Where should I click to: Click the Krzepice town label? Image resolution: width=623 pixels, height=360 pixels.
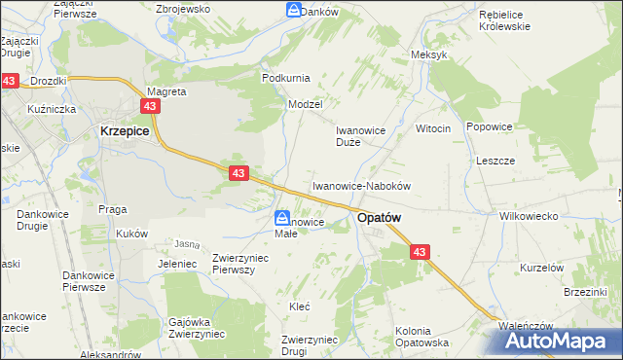point(123,129)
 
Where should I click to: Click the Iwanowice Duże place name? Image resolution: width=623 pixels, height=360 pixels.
point(361,135)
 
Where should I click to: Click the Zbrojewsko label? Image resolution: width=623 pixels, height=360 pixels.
point(184,9)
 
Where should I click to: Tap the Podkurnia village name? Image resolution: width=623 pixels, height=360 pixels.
point(284,77)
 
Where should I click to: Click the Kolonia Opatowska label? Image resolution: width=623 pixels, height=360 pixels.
point(421,337)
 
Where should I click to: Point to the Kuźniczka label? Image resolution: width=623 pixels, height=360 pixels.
point(53,109)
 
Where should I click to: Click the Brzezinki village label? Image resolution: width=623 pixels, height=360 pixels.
point(586,292)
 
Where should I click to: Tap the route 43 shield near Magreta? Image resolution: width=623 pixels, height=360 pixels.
point(150,106)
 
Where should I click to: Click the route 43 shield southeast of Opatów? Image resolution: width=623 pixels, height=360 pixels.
point(420,251)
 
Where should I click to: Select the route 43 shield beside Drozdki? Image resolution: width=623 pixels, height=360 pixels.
point(9,82)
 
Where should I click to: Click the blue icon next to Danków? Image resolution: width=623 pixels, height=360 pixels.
point(293,10)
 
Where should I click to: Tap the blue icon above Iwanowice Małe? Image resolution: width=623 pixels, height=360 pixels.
point(281,218)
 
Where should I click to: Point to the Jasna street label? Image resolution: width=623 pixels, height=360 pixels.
point(187,243)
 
